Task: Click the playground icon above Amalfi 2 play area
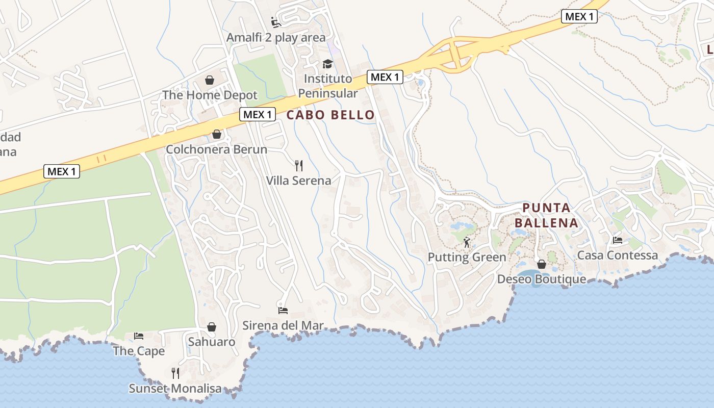click(276, 22)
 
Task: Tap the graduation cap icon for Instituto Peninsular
click(327, 64)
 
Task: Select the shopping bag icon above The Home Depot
click(210, 80)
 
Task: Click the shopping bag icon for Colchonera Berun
click(217, 134)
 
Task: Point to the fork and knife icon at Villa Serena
click(299, 165)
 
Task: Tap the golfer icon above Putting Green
click(467, 242)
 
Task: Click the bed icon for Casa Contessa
click(618, 240)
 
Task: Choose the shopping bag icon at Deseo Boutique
click(542, 264)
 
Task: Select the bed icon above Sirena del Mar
click(283, 310)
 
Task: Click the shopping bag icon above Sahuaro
click(212, 327)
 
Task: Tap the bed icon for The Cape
click(139, 336)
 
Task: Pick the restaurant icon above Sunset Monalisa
click(175, 373)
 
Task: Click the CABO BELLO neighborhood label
click(330, 115)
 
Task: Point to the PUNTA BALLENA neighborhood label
click(546, 215)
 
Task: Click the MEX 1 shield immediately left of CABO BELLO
click(258, 114)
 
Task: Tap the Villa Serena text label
click(298, 181)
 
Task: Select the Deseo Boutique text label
click(542, 279)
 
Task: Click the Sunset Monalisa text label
click(175, 389)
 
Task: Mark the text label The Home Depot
click(210, 95)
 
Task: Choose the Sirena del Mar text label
click(283, 325)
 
